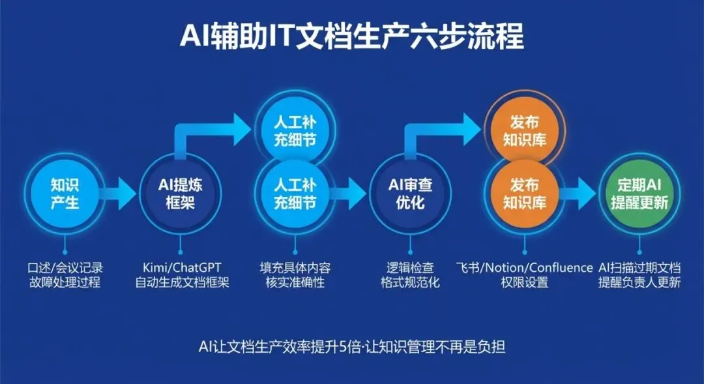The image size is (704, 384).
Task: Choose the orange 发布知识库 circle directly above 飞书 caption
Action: click(525, 194)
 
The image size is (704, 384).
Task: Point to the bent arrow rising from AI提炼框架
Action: click(209, 134)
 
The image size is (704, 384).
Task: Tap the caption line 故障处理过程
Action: click(65, 283)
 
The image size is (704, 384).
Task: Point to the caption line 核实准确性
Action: click(295, 283)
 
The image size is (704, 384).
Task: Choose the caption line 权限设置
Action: click(525, 283)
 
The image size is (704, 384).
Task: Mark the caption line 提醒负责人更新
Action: click(639, 283)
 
